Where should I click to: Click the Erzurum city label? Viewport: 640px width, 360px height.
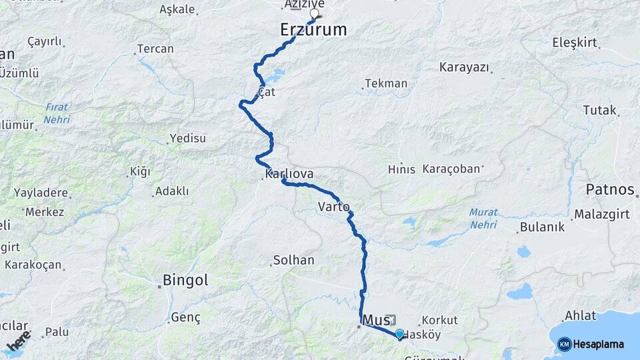pos(313,29)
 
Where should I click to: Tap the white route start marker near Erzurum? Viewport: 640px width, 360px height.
pos(315,13)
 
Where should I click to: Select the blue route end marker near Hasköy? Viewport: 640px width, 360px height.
pos(399,333)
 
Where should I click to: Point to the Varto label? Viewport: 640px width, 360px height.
pos(333,206)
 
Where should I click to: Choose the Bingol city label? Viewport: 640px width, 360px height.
pos(186,280)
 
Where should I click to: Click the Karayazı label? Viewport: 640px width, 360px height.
pos(465,67)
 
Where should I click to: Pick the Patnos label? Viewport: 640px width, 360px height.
pos(609,190)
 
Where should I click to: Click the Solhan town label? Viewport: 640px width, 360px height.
pos(293,260)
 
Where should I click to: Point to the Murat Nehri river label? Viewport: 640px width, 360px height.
pos(483,219)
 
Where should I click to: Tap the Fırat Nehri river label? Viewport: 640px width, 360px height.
pos(57,113)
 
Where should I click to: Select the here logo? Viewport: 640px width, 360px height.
pos(18,341)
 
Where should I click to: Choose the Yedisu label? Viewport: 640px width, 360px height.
pos(188,138)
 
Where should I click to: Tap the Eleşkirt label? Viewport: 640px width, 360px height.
pos(575,43)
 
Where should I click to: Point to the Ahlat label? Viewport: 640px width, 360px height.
pos(580,315)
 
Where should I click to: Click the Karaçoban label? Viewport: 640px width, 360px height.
pos(451,169)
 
